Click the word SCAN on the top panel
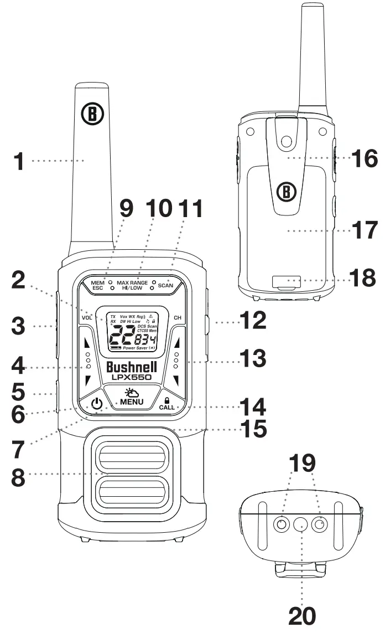(x=165, y=286)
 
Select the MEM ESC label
(x=98, y=285)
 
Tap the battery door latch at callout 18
(x=287, y=281)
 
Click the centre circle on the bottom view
(x=301, y=523)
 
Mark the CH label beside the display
(x=178, y=318)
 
